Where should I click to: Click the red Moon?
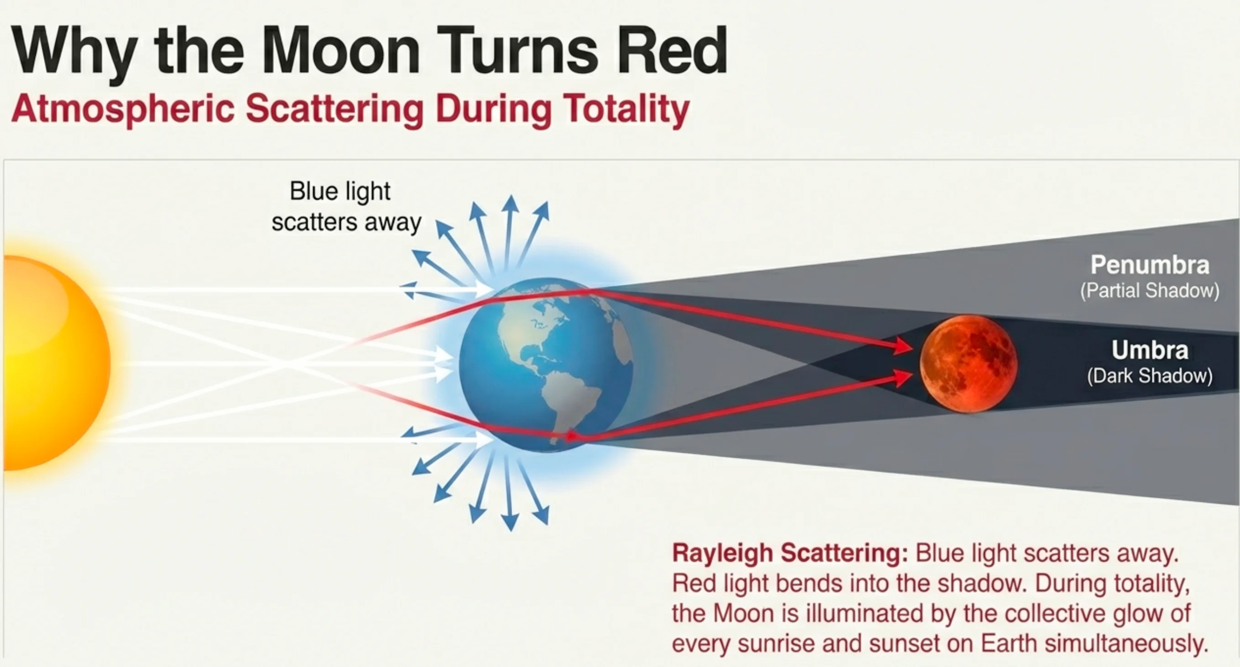(x=968, y=364)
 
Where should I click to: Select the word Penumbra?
(x=1150, y=265)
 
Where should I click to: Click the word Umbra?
(x=1150, y=350)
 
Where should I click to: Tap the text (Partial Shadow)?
(x=1150, y=291)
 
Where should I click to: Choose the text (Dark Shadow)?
(x=1150, y=376)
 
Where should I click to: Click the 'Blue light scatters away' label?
(x=346, y=206)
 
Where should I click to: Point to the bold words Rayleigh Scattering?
(x=789, y=553)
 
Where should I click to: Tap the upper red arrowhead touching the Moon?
(x=902, y=346)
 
